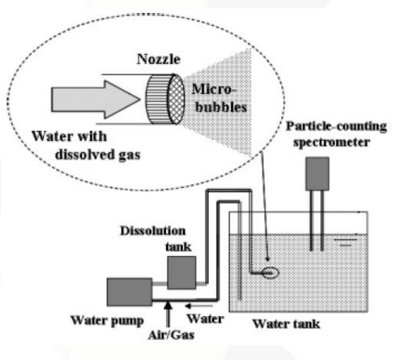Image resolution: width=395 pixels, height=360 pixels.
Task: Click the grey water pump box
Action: pos(127,293)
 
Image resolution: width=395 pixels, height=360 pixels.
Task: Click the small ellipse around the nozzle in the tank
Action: pos(272,274)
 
